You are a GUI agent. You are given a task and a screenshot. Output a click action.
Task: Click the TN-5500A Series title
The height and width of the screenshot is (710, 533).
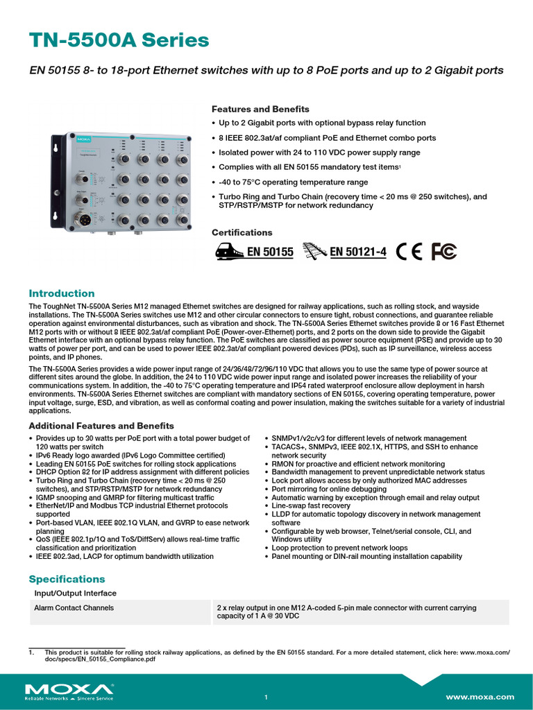[x=119, y=40]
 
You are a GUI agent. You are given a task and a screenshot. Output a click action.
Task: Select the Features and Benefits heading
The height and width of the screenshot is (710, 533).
[x=260, y=109]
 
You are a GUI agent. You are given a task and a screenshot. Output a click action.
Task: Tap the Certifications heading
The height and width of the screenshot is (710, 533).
[x=242, y=232]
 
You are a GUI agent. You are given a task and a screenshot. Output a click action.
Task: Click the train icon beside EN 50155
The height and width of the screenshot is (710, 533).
[x=228, y=252]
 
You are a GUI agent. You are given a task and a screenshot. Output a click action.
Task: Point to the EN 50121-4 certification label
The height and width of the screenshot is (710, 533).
[x=357, y=252]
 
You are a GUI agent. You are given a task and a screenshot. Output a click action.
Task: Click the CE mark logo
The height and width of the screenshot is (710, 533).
[x=409, y=252]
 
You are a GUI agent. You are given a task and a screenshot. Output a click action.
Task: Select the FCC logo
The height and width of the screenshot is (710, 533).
[x=443, y=252]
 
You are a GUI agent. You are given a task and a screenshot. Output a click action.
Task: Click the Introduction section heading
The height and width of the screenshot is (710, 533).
[x=61, y=293]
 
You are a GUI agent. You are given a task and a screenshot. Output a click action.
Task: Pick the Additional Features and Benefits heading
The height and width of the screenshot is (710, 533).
[x=101, y=426]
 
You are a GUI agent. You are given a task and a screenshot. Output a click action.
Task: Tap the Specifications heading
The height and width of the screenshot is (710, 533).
[x=67, y=579]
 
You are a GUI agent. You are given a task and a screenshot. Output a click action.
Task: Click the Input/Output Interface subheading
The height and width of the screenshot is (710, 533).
[x=75, y=594]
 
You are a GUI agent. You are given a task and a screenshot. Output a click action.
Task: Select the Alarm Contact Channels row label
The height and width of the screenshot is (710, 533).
[x=74, y=608]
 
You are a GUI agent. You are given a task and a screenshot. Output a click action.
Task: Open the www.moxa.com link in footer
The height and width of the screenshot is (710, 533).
[x=480, y=697]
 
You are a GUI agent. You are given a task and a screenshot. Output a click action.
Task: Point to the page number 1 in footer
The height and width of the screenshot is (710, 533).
[x=266, y=697]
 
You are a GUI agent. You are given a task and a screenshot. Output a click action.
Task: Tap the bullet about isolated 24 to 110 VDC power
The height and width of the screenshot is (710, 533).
[x=319, y=153]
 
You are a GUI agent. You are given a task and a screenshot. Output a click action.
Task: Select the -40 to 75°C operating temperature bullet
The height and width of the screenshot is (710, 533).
[x=293, y=182]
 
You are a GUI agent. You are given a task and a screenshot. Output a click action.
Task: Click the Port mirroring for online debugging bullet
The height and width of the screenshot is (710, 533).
[x=329, y=489]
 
